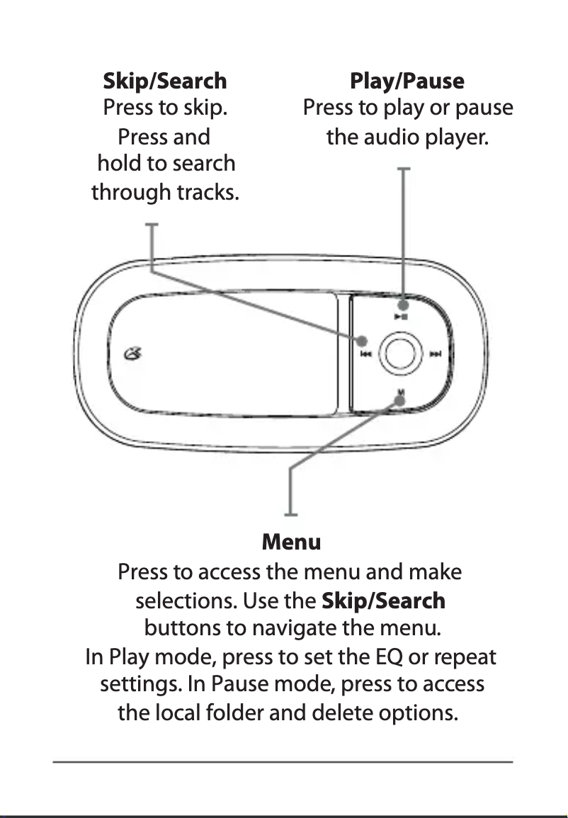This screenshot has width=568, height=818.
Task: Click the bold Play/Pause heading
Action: tap(407, 81)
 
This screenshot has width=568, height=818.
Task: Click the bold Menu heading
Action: tap(291, 543)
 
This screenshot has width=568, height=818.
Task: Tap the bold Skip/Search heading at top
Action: tap(165, 81)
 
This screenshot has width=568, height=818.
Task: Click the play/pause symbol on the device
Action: tap(401, 317)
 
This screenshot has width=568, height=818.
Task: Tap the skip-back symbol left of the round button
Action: tap(365, 354)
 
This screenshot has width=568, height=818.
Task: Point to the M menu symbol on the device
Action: tap(401, 392)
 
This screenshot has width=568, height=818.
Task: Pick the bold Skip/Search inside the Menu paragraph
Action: tap(383, 601)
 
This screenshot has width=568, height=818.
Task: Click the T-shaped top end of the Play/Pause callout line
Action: tap(404, 169)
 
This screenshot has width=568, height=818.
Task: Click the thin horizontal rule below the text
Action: tap(283, 762)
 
